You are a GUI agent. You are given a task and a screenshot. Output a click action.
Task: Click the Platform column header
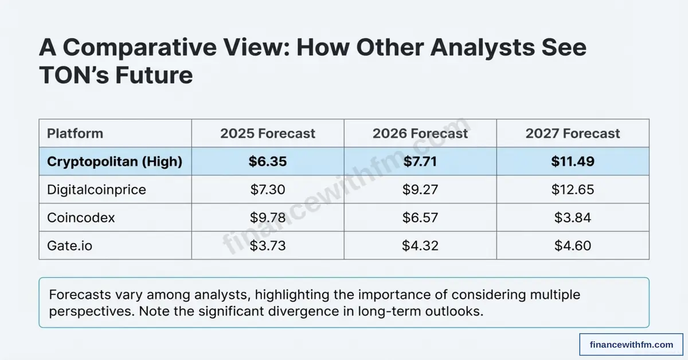point(75,134)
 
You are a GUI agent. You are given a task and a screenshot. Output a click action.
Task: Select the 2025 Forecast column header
point(268,134)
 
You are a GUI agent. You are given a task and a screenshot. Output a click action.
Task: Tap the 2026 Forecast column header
point(420,134)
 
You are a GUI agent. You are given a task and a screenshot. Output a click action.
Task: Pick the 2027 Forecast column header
point(573,134)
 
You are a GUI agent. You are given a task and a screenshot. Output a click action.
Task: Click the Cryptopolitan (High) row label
point(115,162)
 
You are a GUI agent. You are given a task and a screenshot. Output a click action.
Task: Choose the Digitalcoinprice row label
point(96,190)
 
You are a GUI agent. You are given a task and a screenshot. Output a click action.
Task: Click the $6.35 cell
point(268,162)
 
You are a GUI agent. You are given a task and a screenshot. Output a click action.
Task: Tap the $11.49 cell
point(573,162)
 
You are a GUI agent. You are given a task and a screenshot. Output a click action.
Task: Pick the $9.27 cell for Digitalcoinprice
point(420,190)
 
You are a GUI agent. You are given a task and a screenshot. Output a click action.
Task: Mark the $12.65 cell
point(573,190)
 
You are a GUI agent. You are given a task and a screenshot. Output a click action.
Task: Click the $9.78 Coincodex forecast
point(268,218)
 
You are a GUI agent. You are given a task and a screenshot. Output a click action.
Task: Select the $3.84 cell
point(573,218)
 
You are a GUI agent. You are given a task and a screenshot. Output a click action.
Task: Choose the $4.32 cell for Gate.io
point(420,246)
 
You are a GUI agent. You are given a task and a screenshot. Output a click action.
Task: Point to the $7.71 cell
point(420,162)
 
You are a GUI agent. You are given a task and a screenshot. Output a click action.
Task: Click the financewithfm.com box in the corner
point(631,345)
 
